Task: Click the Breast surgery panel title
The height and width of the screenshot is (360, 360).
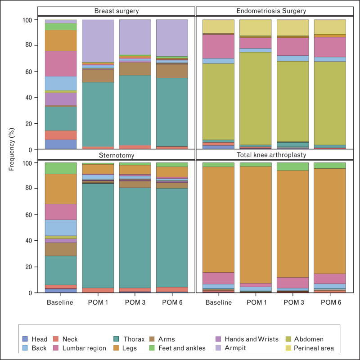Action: tap(117, 11)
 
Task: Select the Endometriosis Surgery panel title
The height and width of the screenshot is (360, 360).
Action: tap(271, 11)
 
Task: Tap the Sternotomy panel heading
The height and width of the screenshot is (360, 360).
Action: tap(117, 155)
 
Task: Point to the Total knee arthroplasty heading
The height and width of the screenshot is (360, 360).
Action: tap(271, 155)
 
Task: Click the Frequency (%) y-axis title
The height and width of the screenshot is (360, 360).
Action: tap(12, 149)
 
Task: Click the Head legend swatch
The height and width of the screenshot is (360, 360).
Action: tap(25, 339)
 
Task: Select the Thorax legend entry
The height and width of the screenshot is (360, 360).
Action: tap(129, 339)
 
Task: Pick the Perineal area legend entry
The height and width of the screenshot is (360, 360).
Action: tap(310, 348)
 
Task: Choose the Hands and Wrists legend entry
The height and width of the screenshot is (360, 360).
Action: tap(247, 339)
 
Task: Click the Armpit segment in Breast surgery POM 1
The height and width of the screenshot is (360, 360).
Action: tap(98, 41)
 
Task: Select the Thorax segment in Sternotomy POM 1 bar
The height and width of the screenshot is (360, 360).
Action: tap(98, 236)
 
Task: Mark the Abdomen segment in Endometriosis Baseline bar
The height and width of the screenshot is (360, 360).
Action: tap(218, 102)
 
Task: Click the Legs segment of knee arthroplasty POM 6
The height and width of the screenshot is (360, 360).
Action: tap(330, 221)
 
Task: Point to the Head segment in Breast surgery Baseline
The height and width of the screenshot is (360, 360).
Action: tap(61, 144)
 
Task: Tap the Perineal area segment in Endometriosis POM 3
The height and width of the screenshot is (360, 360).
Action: tap(293, 28)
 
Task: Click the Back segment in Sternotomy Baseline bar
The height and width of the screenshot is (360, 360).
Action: tap(61, 228)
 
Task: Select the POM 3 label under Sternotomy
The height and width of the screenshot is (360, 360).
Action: tap(135, 302)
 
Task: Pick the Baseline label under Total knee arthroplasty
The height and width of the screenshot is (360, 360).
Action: tap(219, 302)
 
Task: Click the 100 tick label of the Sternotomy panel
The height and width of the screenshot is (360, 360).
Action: tap(27, 163)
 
